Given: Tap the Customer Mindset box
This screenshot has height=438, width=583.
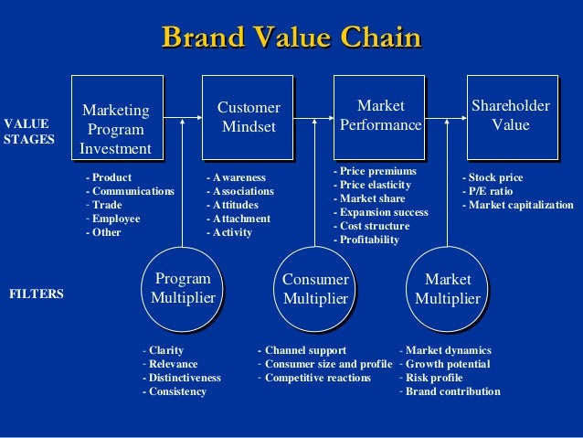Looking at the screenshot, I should click(x=248, y=117).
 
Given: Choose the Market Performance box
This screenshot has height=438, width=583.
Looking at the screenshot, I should click(x=380, y=116).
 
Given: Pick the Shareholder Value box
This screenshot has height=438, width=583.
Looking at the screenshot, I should click(x=510, y=116).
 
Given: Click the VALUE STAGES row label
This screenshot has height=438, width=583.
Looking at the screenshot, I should click(x=28, y=131).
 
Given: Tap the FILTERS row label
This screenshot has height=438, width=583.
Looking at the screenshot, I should click(x=37, y=295).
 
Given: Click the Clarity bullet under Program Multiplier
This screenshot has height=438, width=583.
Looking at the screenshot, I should click(x=164, y=350).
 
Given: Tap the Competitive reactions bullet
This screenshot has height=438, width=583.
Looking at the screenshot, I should click(x=317, y=378).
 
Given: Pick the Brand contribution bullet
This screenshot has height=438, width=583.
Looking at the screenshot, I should click(x=451, y=391).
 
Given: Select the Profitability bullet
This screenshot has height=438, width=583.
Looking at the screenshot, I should click(x=366, y=240).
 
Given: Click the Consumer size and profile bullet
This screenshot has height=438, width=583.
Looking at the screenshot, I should click(x=327, y=364).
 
